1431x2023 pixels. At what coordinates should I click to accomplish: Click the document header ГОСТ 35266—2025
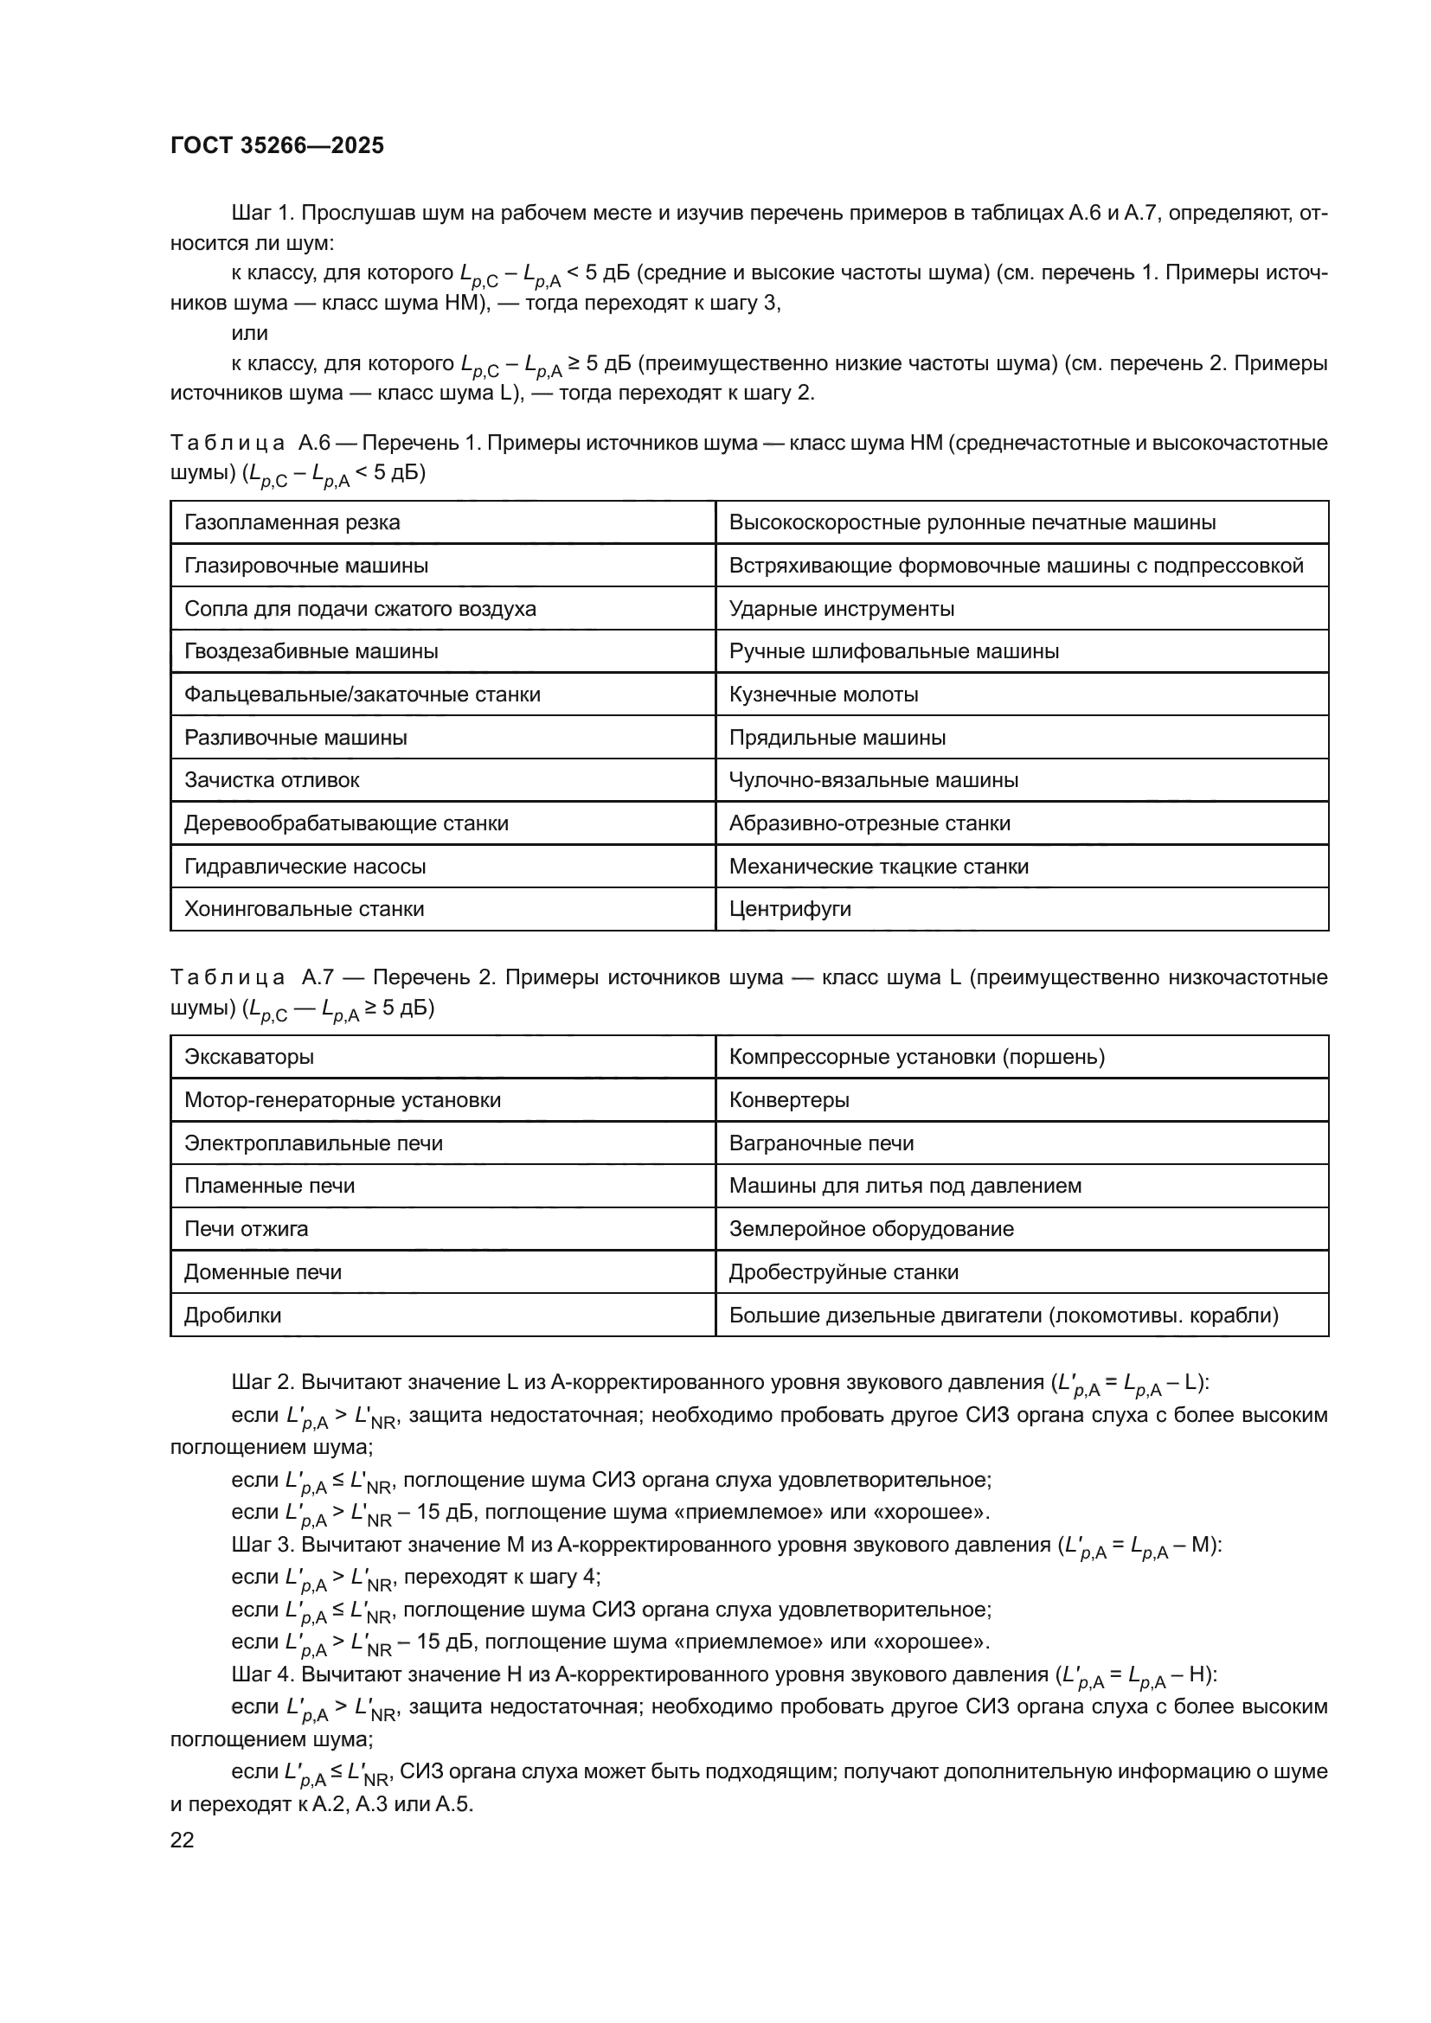[x=277, y=145]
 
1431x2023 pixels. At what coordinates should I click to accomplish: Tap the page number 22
[x=183, y=1840]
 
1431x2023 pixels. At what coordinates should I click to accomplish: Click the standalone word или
[x=249, y=333]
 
